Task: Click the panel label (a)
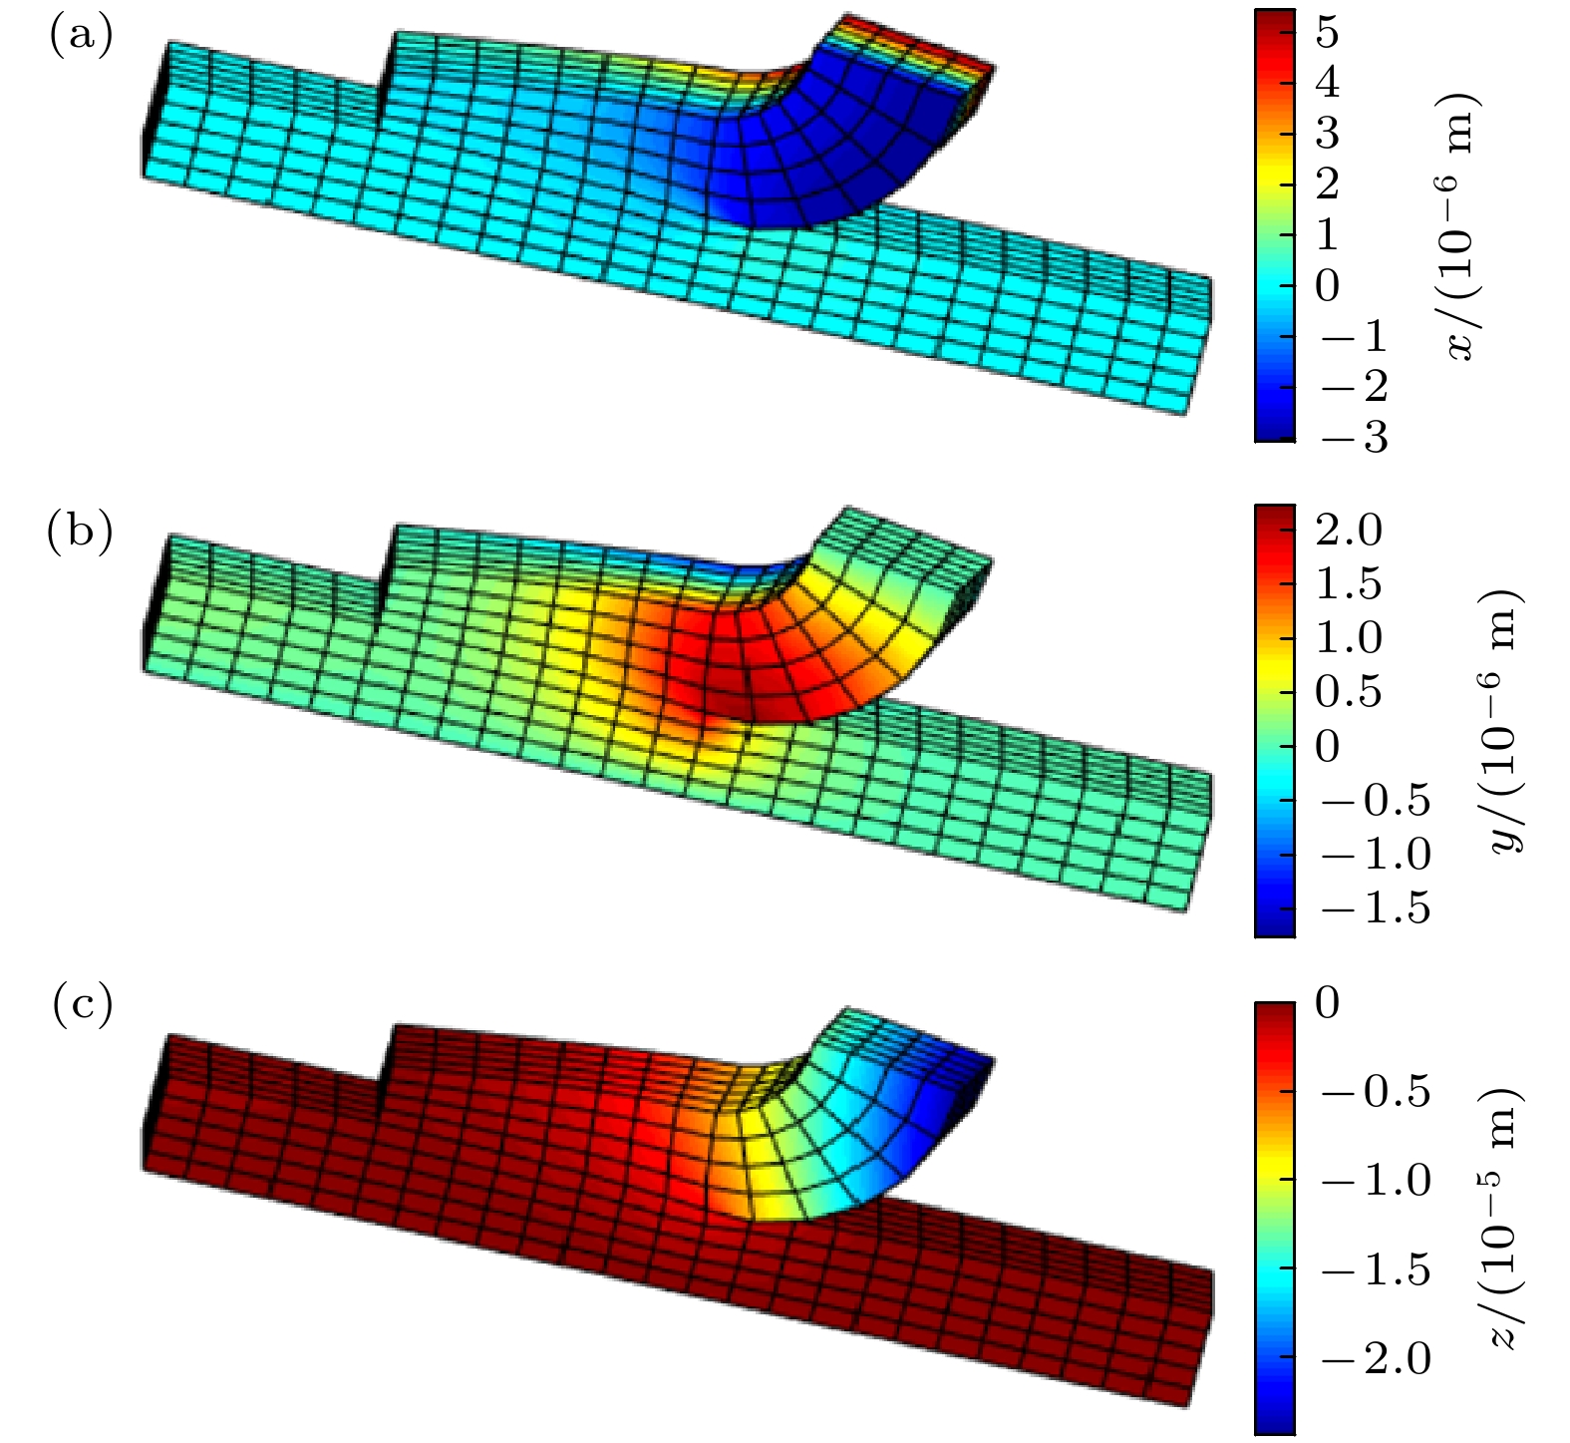pos(81,36)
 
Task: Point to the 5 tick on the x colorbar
pos(1327,33)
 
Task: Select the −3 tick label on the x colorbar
pos(1354,437)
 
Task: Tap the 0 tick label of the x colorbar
pos(1327,285)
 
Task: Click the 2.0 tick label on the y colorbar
pos(1349,530)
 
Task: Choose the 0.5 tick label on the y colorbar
pos(1349,691)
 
